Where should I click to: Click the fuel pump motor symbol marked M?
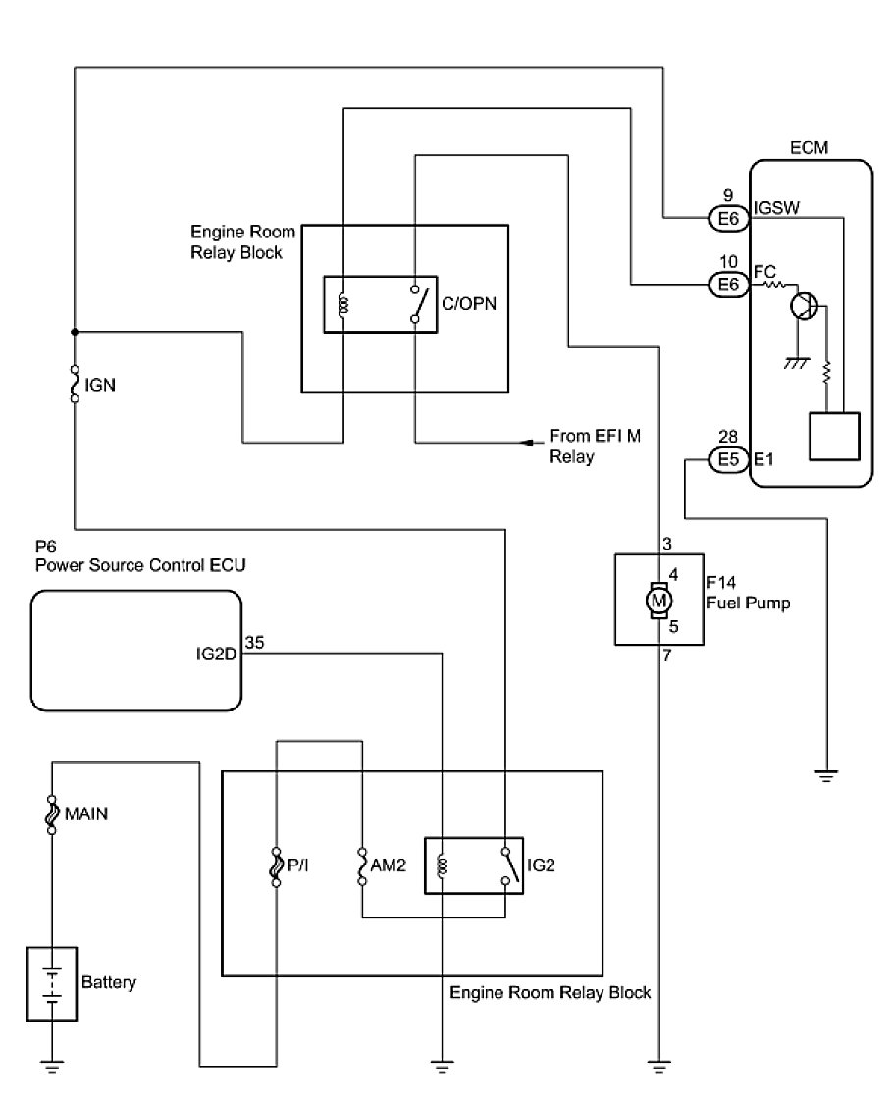(658, 601)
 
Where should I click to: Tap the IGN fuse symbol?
(75, 384)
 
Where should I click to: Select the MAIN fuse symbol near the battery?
(51, 814)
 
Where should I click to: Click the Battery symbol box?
(52, 983)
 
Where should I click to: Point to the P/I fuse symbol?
(276, 865)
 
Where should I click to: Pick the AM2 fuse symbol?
(362, 865)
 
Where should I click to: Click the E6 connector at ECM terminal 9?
(728, 219)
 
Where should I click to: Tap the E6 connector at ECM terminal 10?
(728, 285)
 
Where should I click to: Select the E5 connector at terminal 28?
(728, 460)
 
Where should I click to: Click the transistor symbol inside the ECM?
(804, 305)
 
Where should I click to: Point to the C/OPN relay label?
(469, 304)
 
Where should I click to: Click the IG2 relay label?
(541, 865)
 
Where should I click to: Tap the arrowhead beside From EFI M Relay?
(525, 443)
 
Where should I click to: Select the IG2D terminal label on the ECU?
(216, 655)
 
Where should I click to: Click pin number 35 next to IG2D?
(255, 643)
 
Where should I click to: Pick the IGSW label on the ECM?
(776, 208)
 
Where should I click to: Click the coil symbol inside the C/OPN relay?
(343, 305)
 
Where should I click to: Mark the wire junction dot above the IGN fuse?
(75, 332)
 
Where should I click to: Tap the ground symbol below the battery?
(52, 1067)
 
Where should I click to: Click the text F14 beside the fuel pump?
(721, 582)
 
